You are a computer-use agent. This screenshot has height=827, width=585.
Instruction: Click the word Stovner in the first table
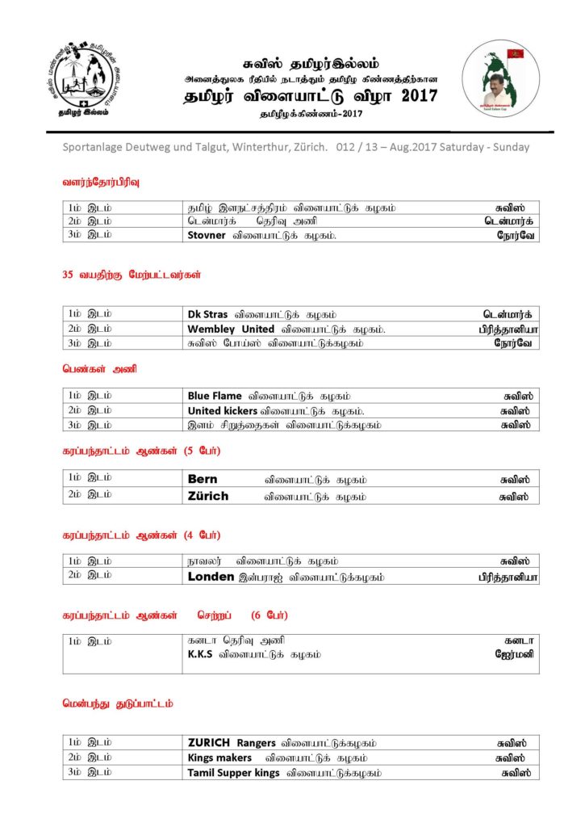point(207,235)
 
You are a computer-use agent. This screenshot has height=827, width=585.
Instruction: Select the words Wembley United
point(231,329)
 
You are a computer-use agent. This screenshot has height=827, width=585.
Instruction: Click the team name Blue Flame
point(215,396)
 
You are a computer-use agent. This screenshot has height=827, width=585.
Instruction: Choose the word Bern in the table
point(203,479)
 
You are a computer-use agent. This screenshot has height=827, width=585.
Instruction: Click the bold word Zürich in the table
point(208,496)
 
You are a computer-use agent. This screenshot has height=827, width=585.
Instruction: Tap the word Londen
point(211,577)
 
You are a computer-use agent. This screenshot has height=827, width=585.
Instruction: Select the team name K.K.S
point(200,654)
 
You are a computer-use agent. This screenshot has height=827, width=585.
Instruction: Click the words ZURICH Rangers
point(232,742)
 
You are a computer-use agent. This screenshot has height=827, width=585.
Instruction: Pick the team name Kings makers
point(219,758)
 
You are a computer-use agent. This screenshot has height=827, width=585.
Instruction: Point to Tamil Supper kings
point(233,773)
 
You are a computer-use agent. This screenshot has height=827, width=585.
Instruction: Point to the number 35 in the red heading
point(68,275)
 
